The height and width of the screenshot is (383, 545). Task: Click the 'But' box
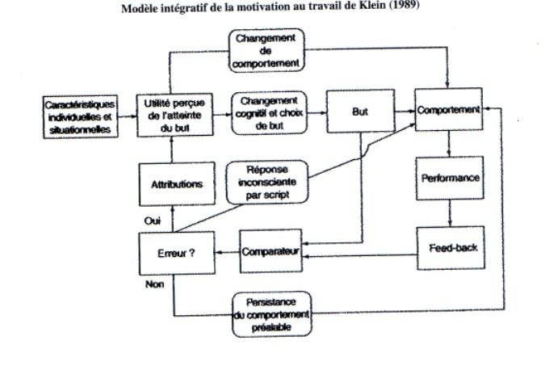[x=360, y=111]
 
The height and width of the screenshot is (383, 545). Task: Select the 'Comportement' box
[x=448, y=109]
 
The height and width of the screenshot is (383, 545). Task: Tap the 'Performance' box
[x=450, y=178]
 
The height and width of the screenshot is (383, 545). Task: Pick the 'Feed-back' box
[x=451, y=248]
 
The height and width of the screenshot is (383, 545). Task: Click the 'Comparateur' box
[x=270, y=250]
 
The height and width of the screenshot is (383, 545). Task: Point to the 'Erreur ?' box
[x=177, y=253]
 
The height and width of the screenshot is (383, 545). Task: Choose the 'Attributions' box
[x=177, y=183]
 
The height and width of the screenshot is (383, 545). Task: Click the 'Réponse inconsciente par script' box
[x=267, y=182]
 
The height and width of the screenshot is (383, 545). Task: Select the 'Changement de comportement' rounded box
[x=266, y=51]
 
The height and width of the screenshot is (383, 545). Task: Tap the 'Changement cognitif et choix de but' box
[x=270, y=113]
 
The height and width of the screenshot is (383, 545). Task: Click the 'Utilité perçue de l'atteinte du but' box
[x=174, y=116]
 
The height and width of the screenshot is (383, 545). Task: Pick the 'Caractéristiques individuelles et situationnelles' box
[x=80, y=117]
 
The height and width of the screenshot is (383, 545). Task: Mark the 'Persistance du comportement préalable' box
[x=272, y=314]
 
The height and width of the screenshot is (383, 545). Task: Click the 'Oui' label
[x=153, y=221]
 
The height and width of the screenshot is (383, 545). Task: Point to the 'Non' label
[x=155, y=284]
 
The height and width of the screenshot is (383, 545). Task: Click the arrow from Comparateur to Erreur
[x=228, y=252]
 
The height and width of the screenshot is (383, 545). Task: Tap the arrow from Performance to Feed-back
[x=450, y=213]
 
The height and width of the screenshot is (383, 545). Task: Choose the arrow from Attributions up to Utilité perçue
[x=172, y=149]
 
